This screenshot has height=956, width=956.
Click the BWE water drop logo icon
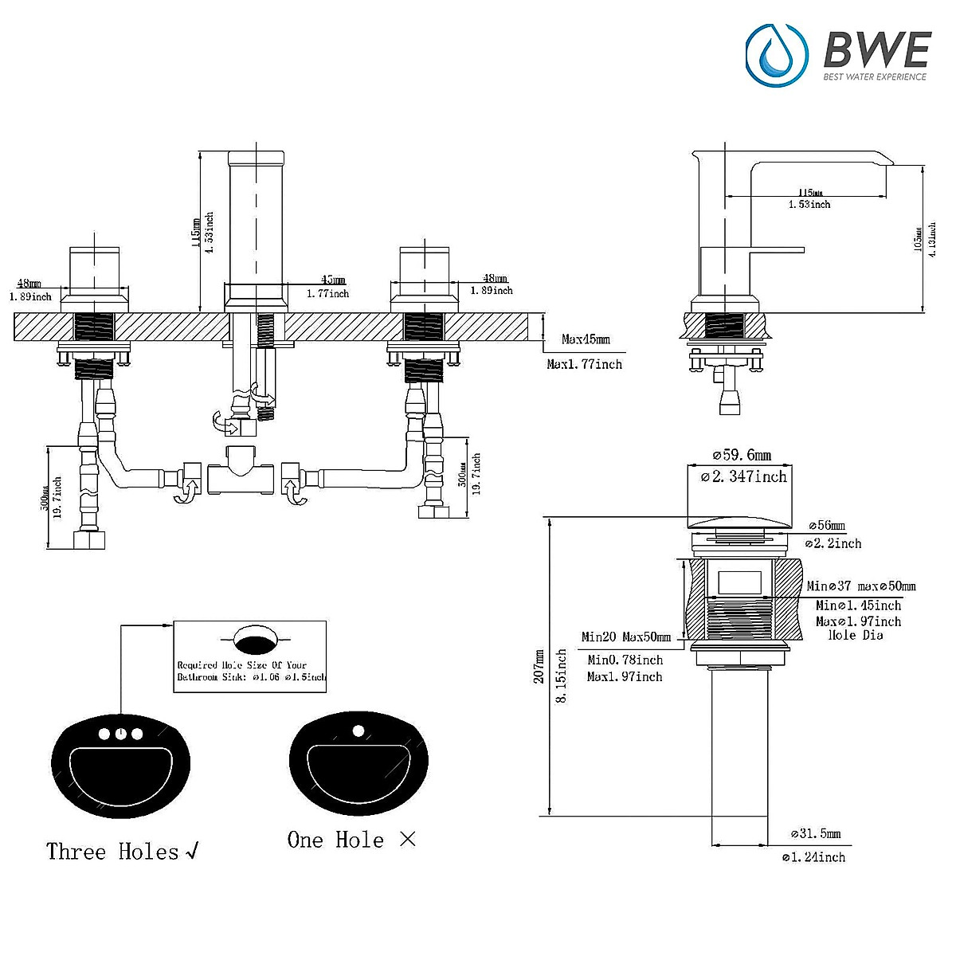(x=777, y=54)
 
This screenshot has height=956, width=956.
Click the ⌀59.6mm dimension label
(x=742, y=455)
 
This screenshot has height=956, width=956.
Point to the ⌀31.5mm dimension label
(x=815, y=834)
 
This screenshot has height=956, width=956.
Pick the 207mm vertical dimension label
(x=539, y=665)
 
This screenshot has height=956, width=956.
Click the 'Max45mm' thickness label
(x=586, y=339)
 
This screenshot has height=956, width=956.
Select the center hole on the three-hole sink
(x=120, y=734)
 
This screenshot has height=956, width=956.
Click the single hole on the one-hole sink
(x=358, y=730)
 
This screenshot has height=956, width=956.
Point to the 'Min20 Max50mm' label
(x=625, y=637)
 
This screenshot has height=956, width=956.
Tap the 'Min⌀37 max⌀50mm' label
(x=860, y=586)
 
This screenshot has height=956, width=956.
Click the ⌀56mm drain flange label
(x=827, y=526)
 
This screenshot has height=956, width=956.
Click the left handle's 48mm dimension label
(x=29, y=284)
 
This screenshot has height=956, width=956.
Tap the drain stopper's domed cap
(x=741, y=522)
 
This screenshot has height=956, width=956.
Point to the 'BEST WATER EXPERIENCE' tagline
(x=874, y=77)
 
